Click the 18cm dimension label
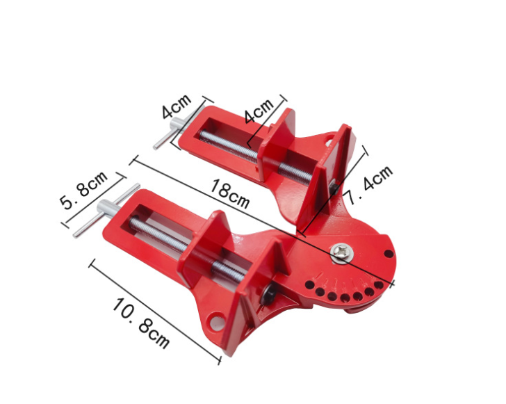point(229,194)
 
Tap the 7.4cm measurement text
point(370,186)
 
